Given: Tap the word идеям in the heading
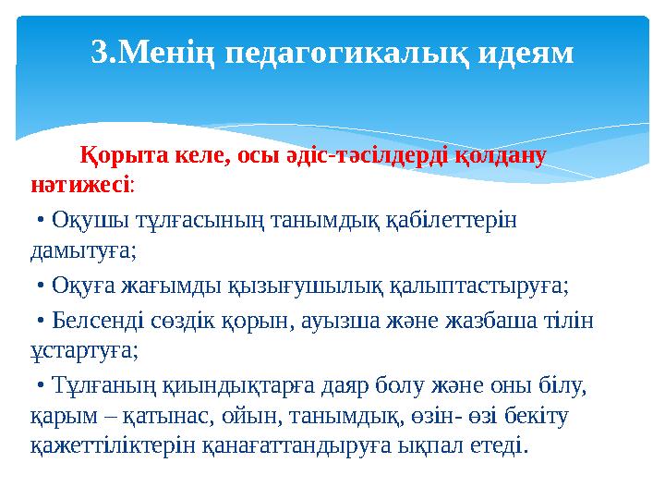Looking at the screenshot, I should (526, 53).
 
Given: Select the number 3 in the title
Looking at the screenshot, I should (98, 53).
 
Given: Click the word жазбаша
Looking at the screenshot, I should (480, 320).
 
